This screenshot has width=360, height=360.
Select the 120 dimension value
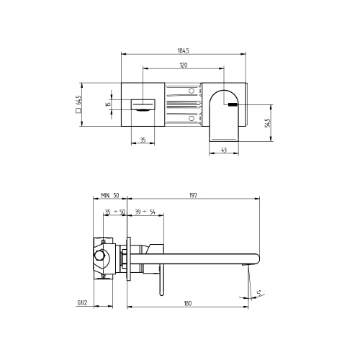tap(184, 66)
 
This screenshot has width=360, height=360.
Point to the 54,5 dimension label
tap(268, 122)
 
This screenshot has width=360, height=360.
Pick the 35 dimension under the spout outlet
tap(143, 140)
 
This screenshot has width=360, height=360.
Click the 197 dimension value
tap(194, 195)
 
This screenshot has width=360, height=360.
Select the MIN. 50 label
tap(111, 195)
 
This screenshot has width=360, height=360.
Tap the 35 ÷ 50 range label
tap(115, 212)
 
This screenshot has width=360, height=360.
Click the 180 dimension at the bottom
tap(187, 303)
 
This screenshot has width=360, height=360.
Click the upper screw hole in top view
tap(192, 91)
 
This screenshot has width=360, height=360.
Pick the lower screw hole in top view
tap(192, 117)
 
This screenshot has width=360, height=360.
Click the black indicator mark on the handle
tap(232, 104)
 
